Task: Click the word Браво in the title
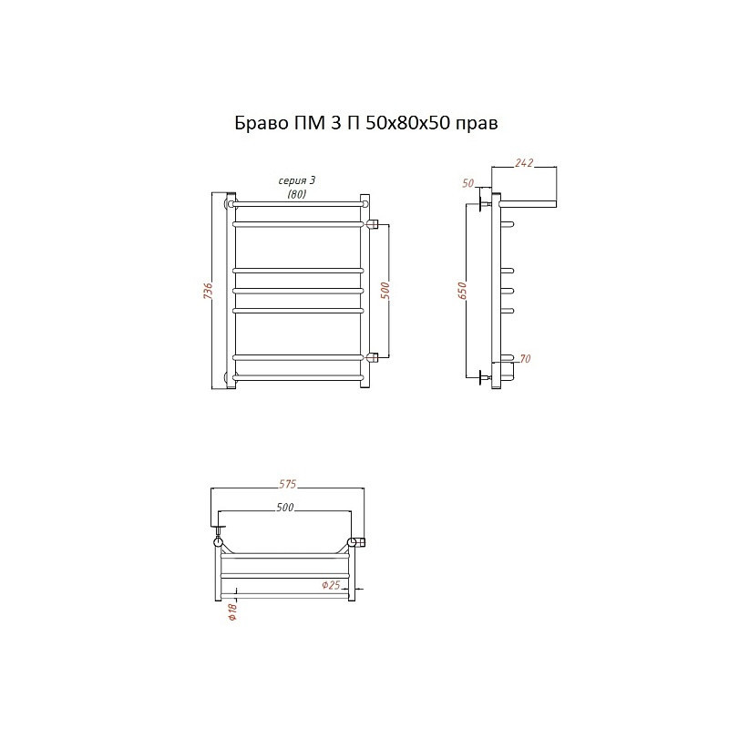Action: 261,123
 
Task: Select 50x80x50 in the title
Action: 407,123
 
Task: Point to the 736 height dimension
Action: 209,291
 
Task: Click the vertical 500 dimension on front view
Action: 385,291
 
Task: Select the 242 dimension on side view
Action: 524,163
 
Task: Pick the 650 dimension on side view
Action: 462,291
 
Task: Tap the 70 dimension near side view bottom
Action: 525,358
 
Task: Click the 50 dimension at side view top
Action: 468,183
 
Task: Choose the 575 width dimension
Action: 287,484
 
